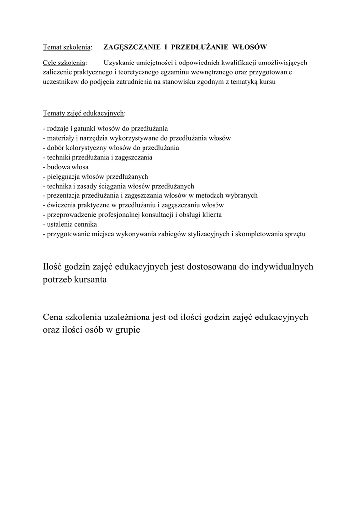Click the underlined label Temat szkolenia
(67, 47)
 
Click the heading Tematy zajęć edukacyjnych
(84, 113)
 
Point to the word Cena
(54, 316)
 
